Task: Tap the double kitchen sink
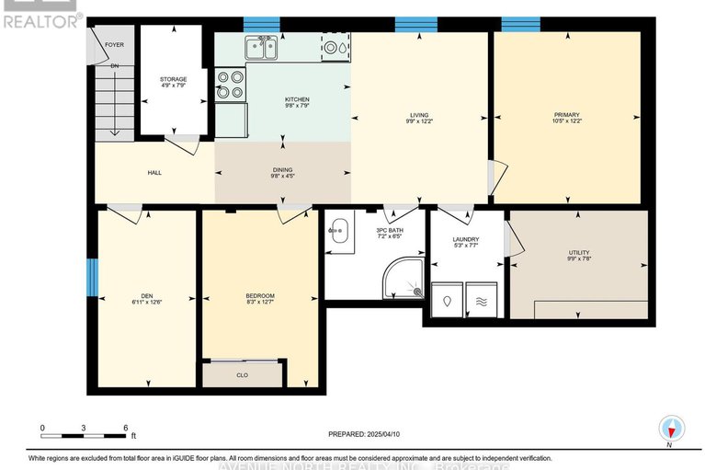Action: click(x=261, y=47)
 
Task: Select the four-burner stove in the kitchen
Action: click(x=230, y=84)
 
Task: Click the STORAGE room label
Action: click(x=173, y=79)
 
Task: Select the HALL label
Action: click(x=154, y=172)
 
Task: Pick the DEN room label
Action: click(x=146, y=295)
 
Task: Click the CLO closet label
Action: click(x=243, y=374)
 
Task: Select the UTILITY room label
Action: click(x=578, y=253)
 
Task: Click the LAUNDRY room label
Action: click(x=465, y=241)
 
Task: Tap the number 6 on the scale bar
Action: click(x=125, y=428)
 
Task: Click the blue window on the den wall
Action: click(x=91, y=278)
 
